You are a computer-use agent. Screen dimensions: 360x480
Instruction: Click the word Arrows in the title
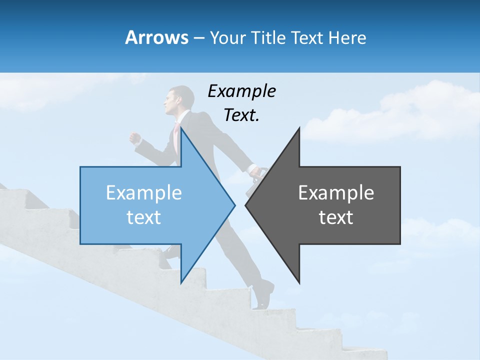156,37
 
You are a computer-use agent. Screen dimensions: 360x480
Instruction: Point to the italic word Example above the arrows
241,91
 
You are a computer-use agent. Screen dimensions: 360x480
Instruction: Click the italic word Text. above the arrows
241,115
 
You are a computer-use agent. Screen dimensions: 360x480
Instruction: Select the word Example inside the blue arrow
144,193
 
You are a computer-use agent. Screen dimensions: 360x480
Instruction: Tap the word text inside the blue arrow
144,217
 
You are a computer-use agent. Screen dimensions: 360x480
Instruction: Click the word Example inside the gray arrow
336,193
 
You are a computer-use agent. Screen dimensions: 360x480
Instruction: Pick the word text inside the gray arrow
336,217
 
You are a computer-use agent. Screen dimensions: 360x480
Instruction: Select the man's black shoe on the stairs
263,294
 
